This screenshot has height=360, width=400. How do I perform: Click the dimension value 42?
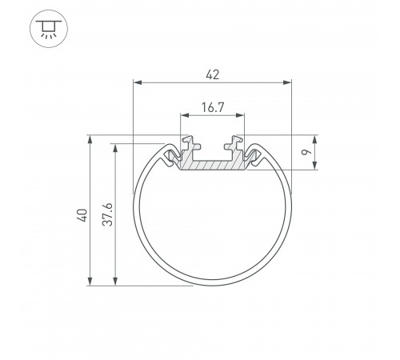point(212,74)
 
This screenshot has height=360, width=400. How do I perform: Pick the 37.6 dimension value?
point(108,215)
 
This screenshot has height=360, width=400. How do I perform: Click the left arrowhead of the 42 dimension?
point(137,82)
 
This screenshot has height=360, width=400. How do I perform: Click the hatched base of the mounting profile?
point(212,166)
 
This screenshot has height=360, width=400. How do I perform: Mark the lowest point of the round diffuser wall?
point(212,285)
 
